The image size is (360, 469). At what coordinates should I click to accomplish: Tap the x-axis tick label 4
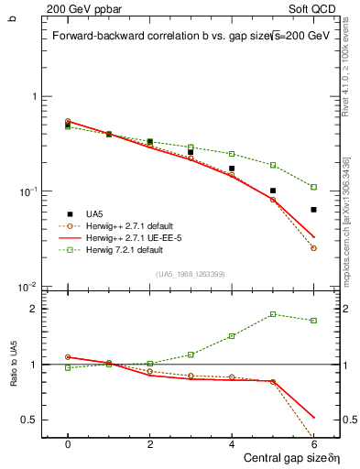coord(232,443)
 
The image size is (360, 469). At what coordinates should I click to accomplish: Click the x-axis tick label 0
coord(68,443)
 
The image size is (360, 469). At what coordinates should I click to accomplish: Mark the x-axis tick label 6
coord(313,443)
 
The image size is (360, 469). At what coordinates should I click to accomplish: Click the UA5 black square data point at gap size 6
coord(313,210)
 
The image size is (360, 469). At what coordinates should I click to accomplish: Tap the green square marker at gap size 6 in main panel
coord(313,187)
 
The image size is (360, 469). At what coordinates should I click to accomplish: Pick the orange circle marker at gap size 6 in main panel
coord(313,248)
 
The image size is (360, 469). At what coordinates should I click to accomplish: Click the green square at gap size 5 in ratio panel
coord(273,314)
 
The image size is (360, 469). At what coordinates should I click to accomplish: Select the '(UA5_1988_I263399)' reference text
coord(191,274)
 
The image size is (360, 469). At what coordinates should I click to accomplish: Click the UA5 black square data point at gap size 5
coord(273,191)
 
